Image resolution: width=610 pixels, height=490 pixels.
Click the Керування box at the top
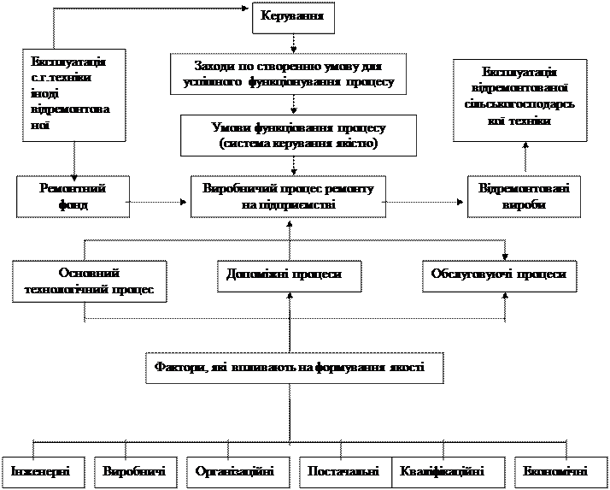tap(291, 17)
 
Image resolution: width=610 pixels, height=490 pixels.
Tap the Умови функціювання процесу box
tap(298, 135)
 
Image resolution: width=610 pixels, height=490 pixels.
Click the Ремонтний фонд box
tap(73, 196)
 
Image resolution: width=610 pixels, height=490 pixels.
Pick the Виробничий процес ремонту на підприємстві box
tap(288, 196)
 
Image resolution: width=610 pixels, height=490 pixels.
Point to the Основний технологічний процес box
tap(89, 281)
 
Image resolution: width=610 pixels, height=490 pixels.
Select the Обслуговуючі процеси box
tap(499, 275)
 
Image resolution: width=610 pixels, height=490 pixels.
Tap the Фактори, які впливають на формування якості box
tap(295, 367)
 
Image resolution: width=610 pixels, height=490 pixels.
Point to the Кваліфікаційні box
tap(442, 471)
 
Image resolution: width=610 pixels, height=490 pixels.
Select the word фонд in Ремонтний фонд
tap(73, 205)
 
